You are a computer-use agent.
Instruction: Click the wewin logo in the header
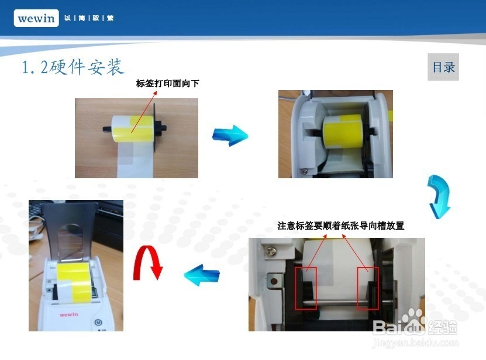tap(36, 18)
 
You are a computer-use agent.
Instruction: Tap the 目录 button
tap(443, 67)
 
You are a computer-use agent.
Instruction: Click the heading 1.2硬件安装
tap(73, 67)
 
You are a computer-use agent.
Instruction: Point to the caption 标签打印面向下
tap(168, 84)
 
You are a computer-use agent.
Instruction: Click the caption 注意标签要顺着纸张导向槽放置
tap(340, 226)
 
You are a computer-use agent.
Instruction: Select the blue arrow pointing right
tap(230, 135)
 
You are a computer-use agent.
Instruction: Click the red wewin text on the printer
tap(68, 314)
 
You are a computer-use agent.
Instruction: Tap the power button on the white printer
tap(98, 321)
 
